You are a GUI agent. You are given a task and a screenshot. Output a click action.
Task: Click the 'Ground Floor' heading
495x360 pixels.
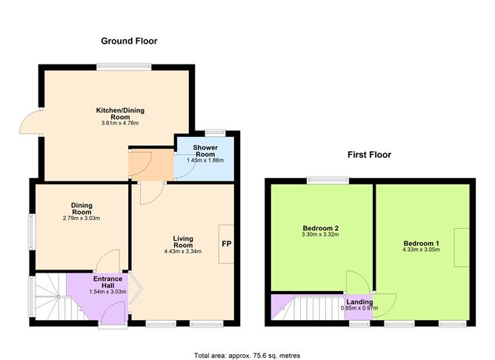click(x=129, y=41)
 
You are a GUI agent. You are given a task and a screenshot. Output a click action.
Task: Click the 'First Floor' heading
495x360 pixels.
click(x=369, y=155)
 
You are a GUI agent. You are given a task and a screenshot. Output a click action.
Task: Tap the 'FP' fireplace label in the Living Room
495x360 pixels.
click(x=225, y=242)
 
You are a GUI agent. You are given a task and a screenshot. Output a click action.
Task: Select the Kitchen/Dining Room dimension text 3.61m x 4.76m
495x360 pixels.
click(x=120, y=124)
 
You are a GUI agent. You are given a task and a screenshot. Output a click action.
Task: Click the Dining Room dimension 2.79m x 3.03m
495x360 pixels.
click(x=82, y=219)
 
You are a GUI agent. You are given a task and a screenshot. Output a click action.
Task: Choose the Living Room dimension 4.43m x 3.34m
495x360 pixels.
click(x=183, y=252)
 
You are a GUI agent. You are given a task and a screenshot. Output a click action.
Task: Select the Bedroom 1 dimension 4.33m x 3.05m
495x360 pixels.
click(x=422, y=250)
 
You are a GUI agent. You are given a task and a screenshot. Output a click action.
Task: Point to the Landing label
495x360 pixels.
click(x=359, y=301)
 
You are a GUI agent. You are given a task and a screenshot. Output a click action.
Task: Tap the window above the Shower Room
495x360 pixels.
click(x=215, y=133)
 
